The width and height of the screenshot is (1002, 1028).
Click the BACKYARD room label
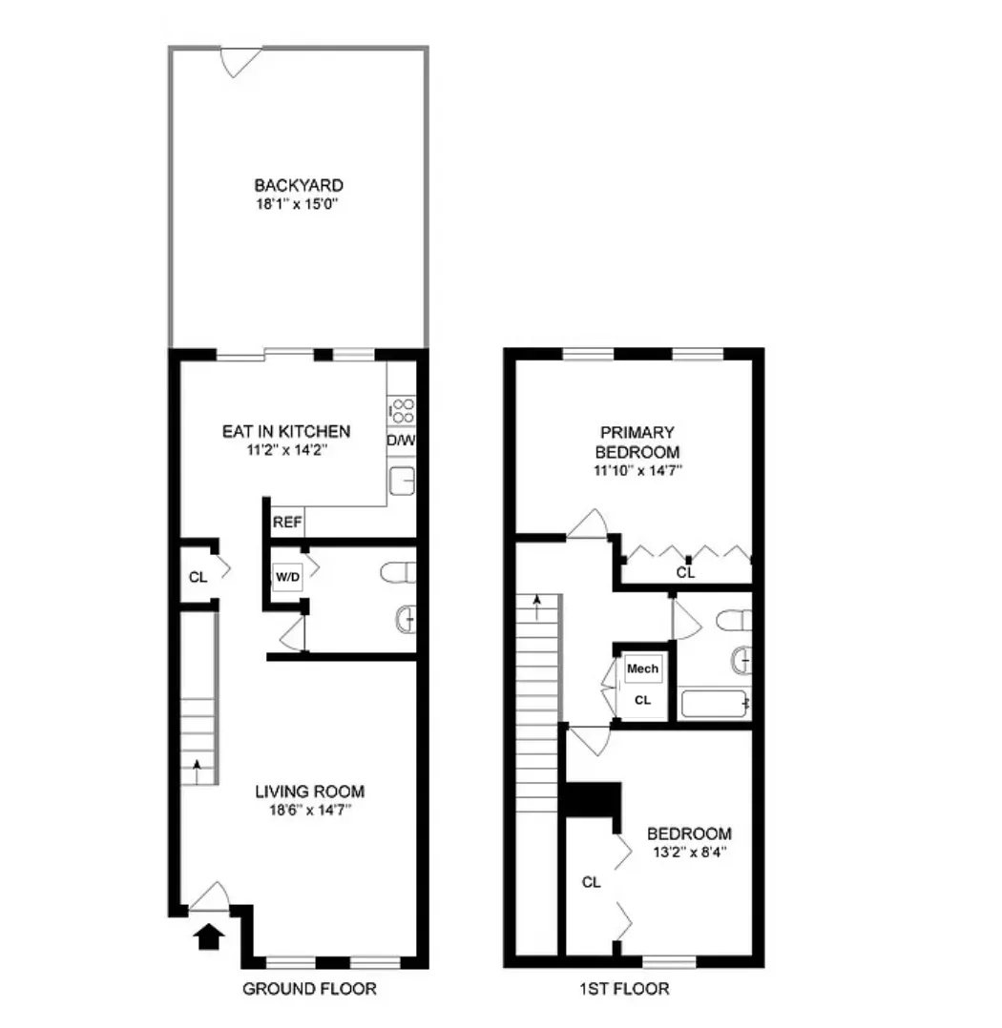pos(298,185)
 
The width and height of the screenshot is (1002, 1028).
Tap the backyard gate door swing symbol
pos(237,60)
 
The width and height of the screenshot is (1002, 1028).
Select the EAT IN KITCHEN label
pos(286,431)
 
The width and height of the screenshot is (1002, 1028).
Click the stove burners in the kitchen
pos(402,412)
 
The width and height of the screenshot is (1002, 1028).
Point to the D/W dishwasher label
pos(400,442)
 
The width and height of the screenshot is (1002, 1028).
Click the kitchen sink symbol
pos(402,482)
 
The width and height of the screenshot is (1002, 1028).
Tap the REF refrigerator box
pos(287,523)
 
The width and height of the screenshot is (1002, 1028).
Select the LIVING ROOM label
pos(309,792)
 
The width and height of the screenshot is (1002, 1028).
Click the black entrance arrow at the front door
pos(208,938)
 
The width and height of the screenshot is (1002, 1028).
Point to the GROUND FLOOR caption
pos(309,989)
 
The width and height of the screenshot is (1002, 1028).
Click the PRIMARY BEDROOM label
pos(637,442)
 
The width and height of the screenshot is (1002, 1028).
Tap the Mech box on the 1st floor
pos(642,669)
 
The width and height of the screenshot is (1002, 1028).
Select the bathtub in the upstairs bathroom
pos(715,706)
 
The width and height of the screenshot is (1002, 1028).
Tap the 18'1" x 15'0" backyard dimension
pos(298,203)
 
